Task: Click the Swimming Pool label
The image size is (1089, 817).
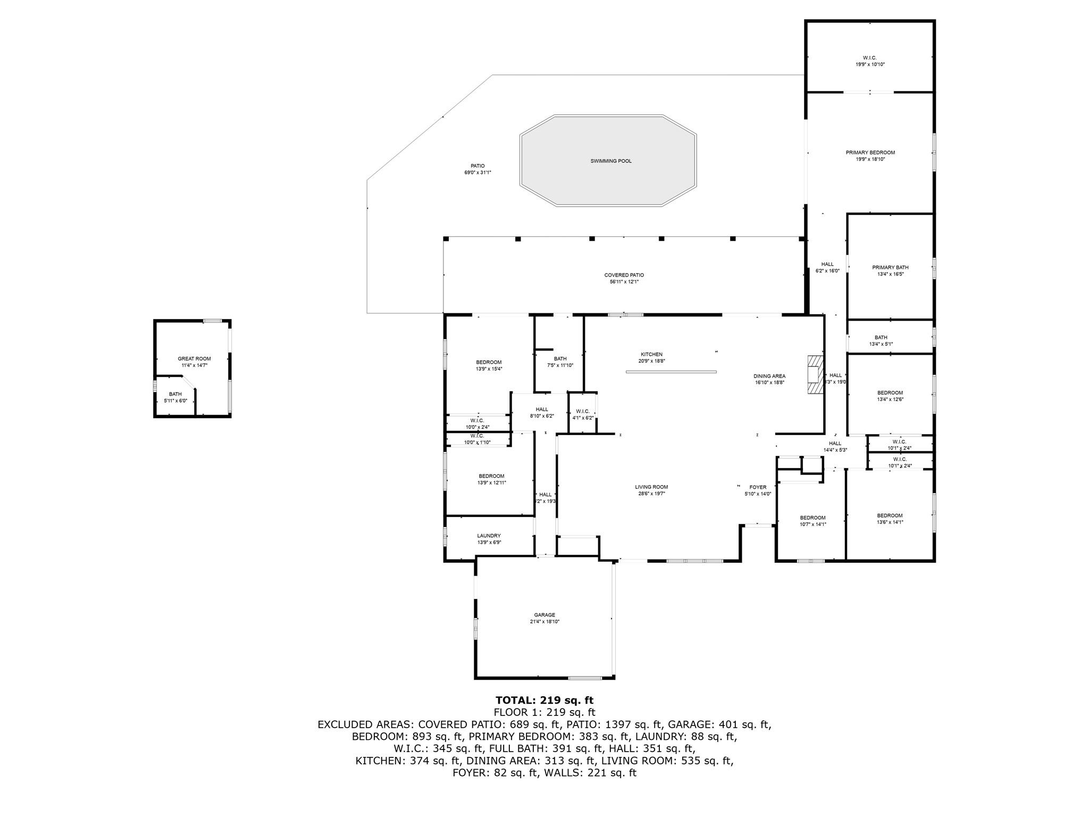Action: point(611,161)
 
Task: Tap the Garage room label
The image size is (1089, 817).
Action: point(544,615)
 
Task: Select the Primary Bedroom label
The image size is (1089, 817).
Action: point(870,153)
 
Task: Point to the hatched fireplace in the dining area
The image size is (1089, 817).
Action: point(814,375)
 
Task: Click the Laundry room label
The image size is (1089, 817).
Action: point(489,536)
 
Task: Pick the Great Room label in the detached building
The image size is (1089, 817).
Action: point(194,359)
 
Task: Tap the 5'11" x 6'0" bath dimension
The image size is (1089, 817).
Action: point(175,401)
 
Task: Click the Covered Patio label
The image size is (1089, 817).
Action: point(624,275)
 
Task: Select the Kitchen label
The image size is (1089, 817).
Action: point(651,354)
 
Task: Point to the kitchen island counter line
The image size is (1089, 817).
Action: point(671,372)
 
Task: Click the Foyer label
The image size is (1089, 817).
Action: point(758,487)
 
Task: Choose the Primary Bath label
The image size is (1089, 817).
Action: point(890,268)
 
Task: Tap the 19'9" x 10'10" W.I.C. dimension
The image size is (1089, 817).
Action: point(870,64)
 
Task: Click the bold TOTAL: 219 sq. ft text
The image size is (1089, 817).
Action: point(544,700)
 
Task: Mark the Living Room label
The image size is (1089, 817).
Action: point(651,487)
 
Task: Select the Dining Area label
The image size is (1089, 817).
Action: point(769,376)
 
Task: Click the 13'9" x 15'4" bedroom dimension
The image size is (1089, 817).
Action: point(489,369)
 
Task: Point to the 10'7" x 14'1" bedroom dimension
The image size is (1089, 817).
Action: point(813,524)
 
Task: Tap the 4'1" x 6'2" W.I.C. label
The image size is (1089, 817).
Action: point(582,418)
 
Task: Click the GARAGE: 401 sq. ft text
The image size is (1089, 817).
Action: point(719,724)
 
